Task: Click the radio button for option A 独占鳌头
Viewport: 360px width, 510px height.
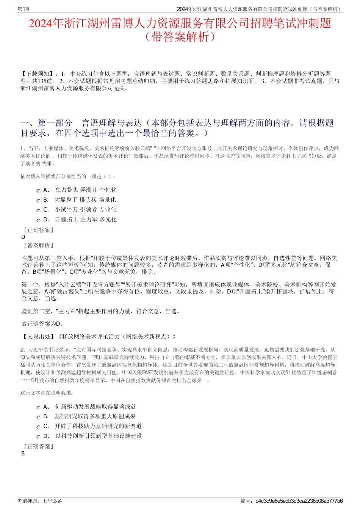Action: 38,191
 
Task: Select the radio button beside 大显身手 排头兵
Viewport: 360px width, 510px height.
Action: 38,201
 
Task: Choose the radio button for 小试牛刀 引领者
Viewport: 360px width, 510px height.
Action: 38,211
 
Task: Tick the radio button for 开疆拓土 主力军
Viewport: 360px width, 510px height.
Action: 38,221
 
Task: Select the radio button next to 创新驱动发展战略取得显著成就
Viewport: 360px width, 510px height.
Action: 38,408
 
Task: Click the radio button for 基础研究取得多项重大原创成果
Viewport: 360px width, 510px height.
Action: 38,417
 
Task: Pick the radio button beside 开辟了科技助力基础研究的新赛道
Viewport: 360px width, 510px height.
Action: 38,427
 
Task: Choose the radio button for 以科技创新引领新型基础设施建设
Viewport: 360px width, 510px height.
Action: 38,437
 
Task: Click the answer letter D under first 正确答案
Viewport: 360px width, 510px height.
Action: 23,237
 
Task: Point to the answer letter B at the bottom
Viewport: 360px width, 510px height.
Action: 23,453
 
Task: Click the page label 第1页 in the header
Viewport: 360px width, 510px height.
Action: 23,9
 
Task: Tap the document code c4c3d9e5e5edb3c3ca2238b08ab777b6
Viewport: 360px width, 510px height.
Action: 299,501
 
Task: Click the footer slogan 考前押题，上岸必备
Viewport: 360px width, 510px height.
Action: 40,501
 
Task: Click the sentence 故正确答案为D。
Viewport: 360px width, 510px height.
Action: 42,324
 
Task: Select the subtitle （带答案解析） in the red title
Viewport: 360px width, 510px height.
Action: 180,37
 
